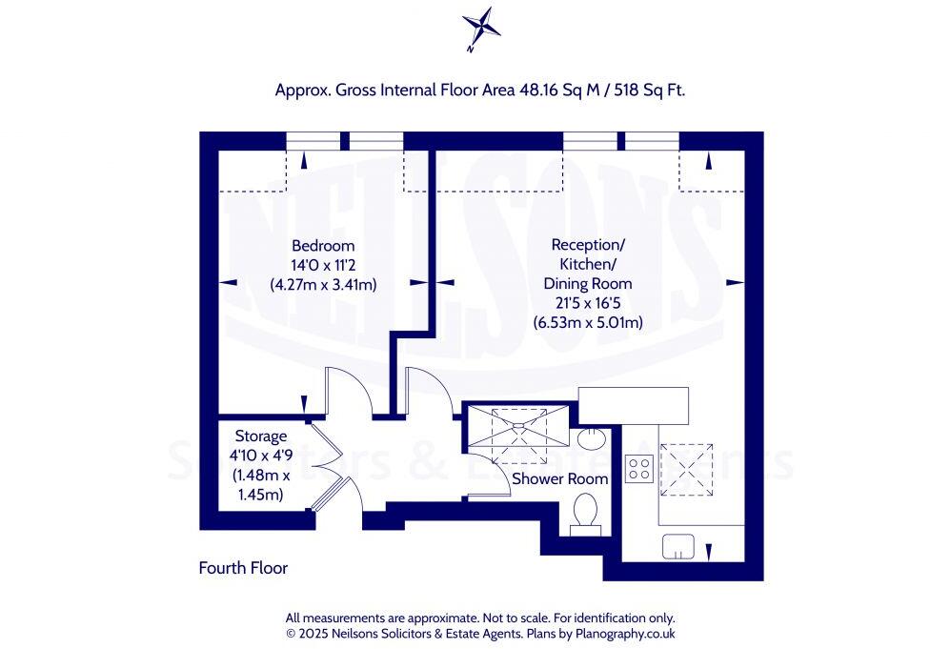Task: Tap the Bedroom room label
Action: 323,245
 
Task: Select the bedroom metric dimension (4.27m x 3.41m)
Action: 323,283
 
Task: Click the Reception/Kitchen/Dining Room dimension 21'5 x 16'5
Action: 587,303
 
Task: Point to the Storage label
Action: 260,436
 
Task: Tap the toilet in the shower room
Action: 584,513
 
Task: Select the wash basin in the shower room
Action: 591,438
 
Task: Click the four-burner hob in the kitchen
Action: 637,468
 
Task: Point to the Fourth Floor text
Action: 243,568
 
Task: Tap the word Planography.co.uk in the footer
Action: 626,633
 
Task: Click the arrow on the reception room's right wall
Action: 734,282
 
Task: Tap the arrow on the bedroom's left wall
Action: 227,282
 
